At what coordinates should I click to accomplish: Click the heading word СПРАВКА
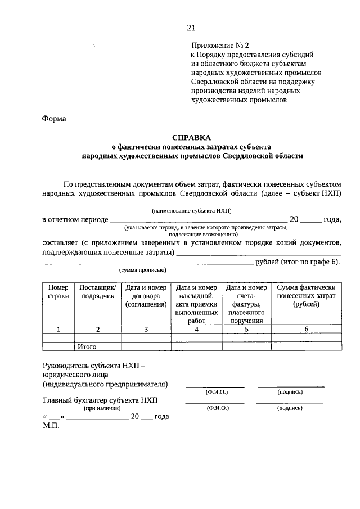[x=191, y=137]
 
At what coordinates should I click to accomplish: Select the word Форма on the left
[x=54, y=119]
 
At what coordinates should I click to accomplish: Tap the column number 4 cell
[x=196, y=330]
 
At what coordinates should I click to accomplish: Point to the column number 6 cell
[x=306, y=330]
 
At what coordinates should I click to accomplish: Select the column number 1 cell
[x=58, y=330]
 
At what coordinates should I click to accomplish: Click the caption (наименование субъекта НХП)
[x=191, y=210]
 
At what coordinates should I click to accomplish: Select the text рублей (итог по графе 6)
[x=298, y=262]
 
